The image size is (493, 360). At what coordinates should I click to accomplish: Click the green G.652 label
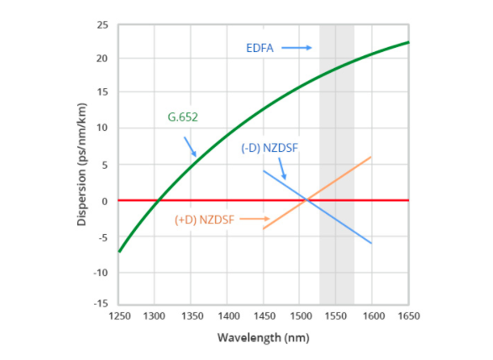click(x=182, y=116)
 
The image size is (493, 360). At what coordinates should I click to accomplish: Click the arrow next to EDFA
click(x=296, y=48)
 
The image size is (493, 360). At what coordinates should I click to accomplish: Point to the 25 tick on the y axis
click(x=102, y=24)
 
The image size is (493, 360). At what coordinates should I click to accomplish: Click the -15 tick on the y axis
click(x=101, y=303)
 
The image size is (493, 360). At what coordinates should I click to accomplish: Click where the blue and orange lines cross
click(x=307, y=200)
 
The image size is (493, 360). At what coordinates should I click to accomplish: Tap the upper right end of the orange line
click(x=371, y=157)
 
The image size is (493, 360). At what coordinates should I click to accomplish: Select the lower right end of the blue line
click(x=371, y=243)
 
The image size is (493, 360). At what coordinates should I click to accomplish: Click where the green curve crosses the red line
click(x=159, y=201)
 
